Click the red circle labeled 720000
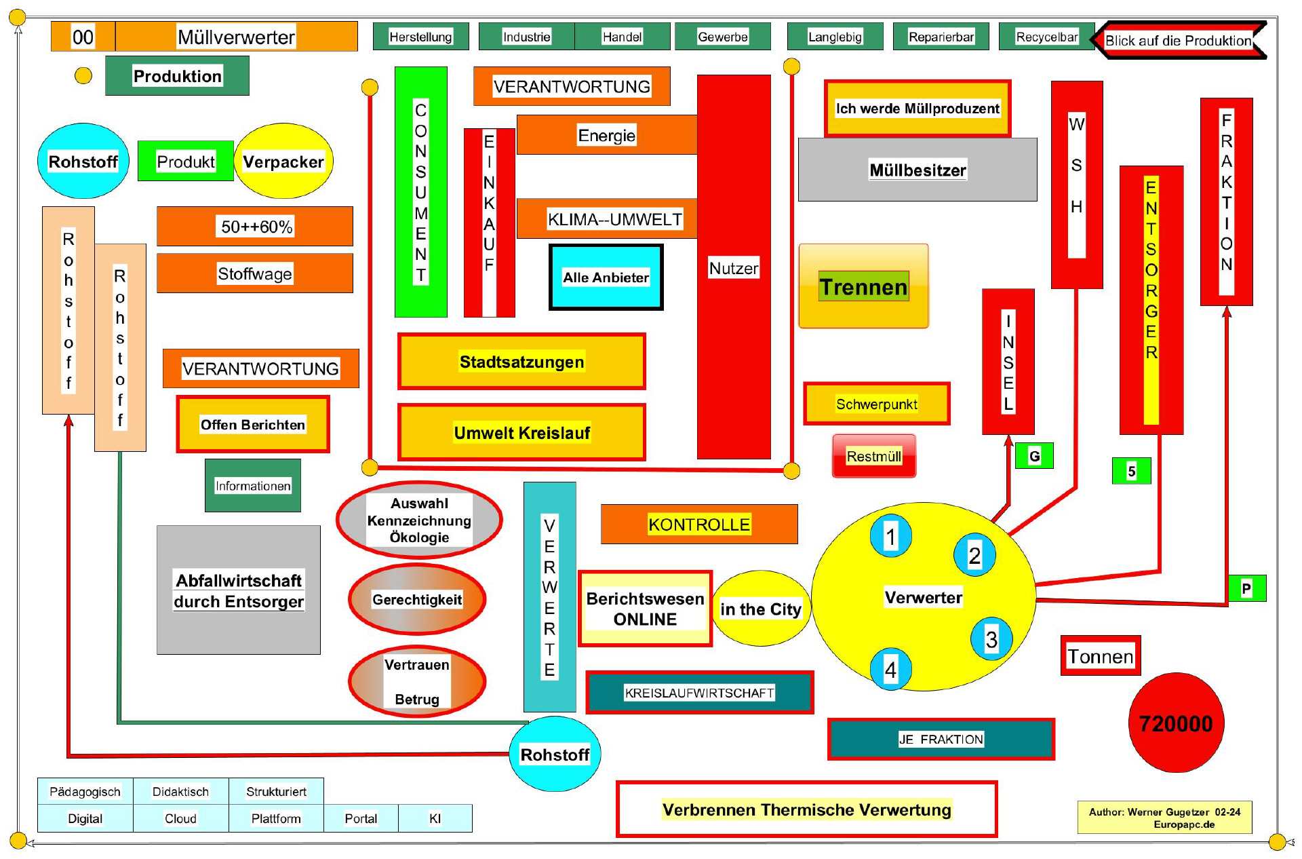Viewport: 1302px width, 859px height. pos(1175,723)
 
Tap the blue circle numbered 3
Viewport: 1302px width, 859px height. pos(991,639)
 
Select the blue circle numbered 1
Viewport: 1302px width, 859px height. pos(890,537)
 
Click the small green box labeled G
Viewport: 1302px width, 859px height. pos(1033,456)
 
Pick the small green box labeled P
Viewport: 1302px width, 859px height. pos(1246,588)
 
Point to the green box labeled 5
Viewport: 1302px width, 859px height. pos(1131,471)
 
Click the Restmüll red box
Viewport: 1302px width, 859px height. pos(873,456)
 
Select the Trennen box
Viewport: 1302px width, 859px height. pos(863,286)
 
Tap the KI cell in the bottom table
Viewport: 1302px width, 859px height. pos(435,818)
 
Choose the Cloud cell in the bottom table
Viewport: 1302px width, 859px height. pos(180,818)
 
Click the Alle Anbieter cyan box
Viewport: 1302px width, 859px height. pos(606,277)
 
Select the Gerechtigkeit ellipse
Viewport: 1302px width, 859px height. pos(417,599)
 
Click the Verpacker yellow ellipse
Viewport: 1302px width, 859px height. pos(283,161)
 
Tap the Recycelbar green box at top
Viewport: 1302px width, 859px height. pos(1046,37)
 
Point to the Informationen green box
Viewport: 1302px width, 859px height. pos(252,486)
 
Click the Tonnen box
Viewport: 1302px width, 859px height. pos(1100,656)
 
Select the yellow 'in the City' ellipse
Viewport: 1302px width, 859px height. pos(760,609)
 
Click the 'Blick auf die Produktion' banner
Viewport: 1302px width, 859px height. pos(1178,41)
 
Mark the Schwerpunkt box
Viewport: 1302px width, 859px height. pos(876,404)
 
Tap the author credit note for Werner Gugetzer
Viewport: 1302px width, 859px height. pos(1164,818)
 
